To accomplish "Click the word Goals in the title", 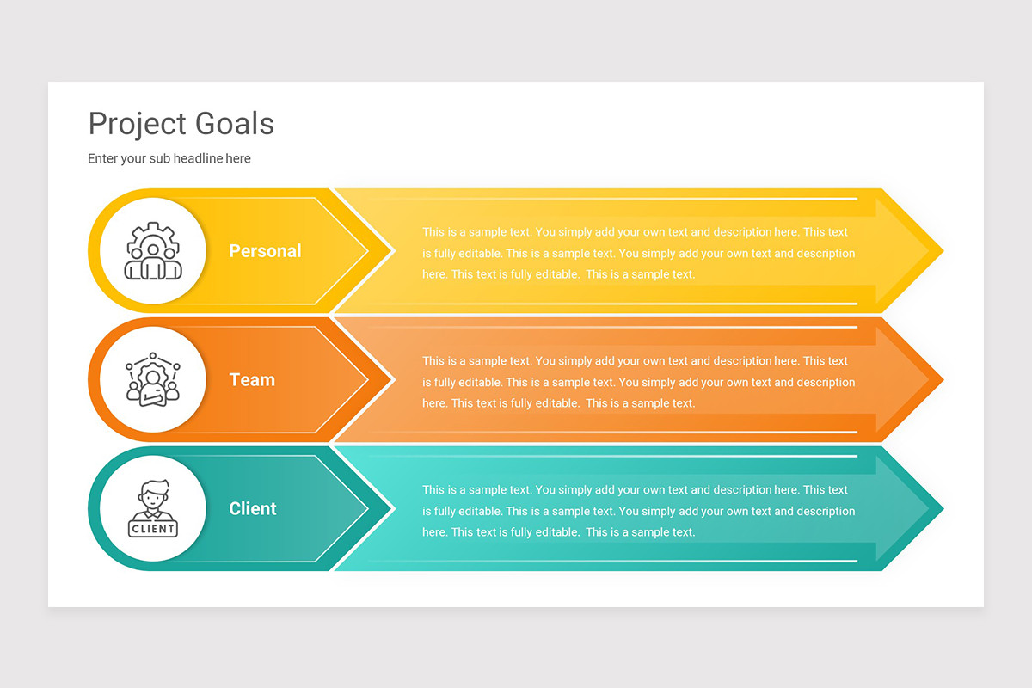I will click(x=234, y=124).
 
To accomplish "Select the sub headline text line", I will click(x=169, y=158).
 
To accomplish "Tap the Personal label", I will click(x=265, y=251).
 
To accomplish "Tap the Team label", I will click(x=252, y=380).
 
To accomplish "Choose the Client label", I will click(x=253, y=509).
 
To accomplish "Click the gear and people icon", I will click(x=153, y=251).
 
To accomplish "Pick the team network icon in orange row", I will click(x=153, y=379).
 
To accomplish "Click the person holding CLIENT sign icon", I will click(x=153, y=508).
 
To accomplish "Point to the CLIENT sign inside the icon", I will click(x=153, y=528).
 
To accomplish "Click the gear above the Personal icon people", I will click(x=153, y=234).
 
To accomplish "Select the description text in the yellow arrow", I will click(x=638, y=254).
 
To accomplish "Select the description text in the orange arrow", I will click(x=638, y=383).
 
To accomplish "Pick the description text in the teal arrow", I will click(x=638, y=512).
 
